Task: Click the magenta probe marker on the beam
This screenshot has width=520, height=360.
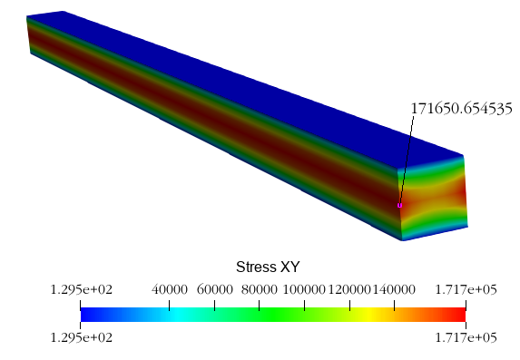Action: [x=399, y=206]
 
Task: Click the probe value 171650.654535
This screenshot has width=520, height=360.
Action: [x=462, y=109]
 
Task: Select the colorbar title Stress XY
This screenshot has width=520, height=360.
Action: [x=268, y=267]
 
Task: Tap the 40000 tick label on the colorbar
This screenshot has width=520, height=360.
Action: [x=170, y=290]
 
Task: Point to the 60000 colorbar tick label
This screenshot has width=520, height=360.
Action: [x=214, y=290]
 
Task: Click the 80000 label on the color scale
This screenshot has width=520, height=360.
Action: [x=259, y=290]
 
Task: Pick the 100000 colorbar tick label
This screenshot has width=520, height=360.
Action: [x=304, y=290]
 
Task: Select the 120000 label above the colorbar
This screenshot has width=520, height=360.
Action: [x=349, y=290]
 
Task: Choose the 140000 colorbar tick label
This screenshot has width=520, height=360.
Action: [x=394, y=290]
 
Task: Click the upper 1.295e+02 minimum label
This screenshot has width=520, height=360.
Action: [x=82, y=290]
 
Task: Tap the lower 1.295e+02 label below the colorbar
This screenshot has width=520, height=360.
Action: [x=82, y=338]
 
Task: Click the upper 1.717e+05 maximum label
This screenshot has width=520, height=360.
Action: [x=466, y=290]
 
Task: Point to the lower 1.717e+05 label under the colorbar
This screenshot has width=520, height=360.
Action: [x=466, y=338]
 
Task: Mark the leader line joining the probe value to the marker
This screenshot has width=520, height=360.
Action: [x=407, y=161]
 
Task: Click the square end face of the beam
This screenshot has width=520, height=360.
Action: [x=433, y=198]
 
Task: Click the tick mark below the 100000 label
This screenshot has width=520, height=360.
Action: [x=304, y=306]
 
